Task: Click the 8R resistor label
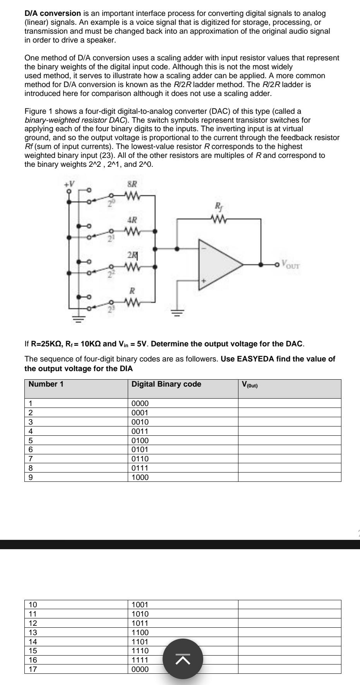coord(131,185)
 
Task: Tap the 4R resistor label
coord(132,220)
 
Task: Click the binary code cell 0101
coord(140,450)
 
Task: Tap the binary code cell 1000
coord(140,477)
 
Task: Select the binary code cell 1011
coord(140,623)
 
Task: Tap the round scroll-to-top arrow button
coord(183,659)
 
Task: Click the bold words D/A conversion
coord(53,14)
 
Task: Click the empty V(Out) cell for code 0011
coord(289,431)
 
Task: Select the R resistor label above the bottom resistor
coord(132,291)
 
